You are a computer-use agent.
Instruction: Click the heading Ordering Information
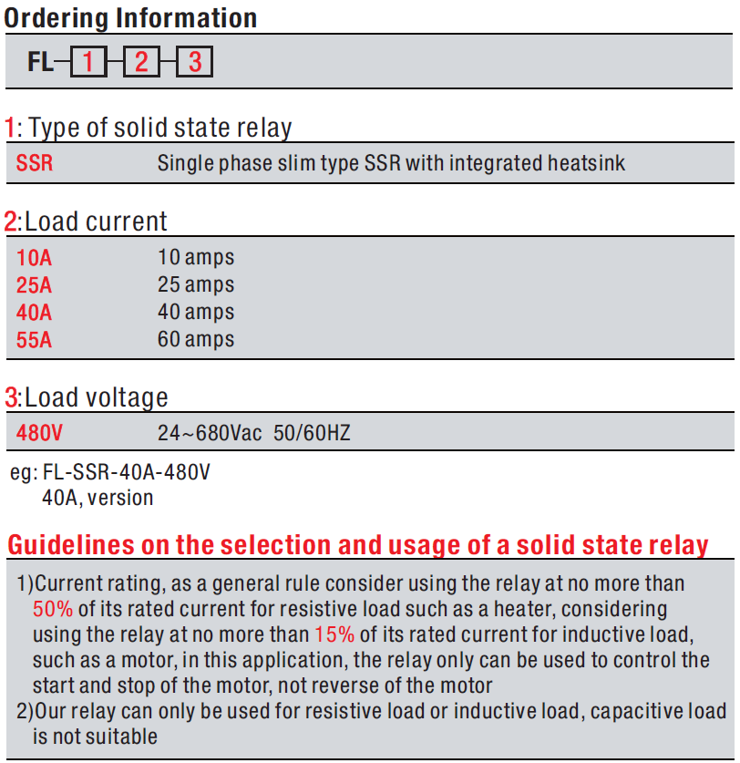130,16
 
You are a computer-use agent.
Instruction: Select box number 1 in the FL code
87,62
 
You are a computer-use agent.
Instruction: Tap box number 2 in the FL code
141,62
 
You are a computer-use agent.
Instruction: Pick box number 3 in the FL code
194,62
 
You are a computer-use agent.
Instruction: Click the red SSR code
35,164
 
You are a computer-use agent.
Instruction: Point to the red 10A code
34,258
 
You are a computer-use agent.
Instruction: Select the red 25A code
34,285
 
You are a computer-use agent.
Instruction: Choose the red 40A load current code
34,313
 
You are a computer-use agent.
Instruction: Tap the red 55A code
34,340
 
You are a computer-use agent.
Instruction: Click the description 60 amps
196,340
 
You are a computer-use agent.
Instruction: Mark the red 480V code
39,433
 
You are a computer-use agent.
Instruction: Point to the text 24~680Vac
210,433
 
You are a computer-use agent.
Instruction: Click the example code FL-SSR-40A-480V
127,475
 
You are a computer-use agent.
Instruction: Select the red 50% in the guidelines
52,608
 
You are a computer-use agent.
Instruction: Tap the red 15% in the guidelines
334,634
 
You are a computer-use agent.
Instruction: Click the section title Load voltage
96,397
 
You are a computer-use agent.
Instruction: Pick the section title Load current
96,222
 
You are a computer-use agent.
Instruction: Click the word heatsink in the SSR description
586,164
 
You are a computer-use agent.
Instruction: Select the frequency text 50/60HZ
312,433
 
